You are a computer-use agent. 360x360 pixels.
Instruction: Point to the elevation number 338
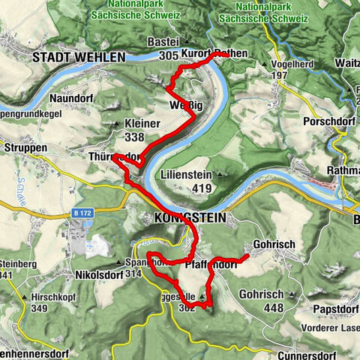click(x=136, y=137)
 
